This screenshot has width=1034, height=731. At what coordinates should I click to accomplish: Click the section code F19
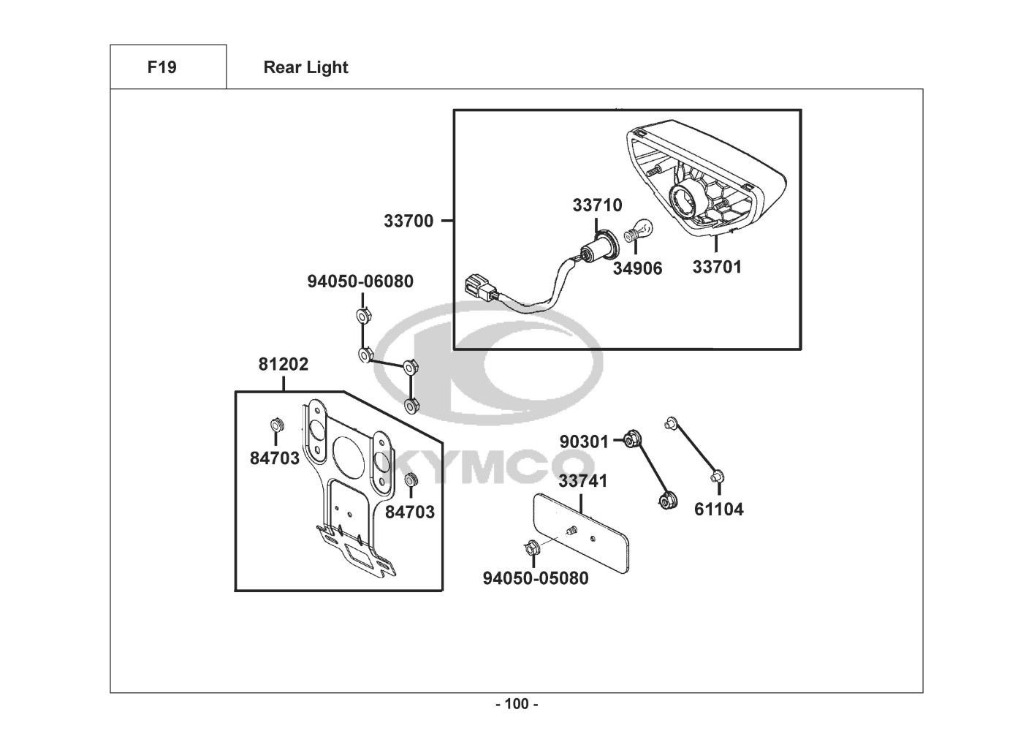[161, 67]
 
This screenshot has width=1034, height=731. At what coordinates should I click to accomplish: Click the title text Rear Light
[305, 67]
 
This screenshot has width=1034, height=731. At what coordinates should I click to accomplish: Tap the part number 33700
[408, 220]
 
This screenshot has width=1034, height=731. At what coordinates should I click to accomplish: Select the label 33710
[597, 205]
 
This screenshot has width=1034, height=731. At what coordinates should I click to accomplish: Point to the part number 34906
[637, 268]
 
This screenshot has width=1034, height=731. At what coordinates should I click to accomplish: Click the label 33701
[717, 267]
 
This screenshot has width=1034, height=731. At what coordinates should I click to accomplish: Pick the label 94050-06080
[360, 281]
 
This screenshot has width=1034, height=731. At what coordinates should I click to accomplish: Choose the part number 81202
[284, 364]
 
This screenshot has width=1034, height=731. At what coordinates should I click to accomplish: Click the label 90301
[584, 442]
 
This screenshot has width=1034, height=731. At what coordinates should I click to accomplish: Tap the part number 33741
[583, 481]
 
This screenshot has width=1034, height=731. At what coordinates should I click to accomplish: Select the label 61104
[718, 509]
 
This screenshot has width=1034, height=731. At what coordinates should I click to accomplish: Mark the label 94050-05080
[536, 578]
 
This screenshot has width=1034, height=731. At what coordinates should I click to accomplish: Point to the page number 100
[517, 704]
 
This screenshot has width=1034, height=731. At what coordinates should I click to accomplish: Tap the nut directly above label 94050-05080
[532, 547]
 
